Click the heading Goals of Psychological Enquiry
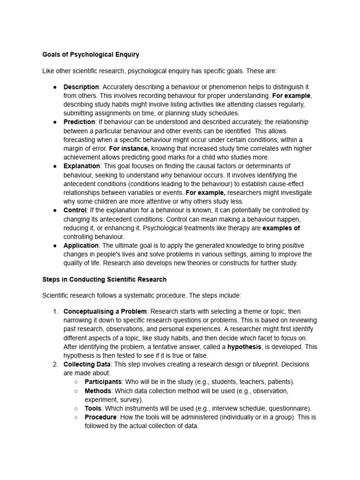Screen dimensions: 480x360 [x=90, y=54]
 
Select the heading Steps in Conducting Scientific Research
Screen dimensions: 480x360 [x=104, y=279]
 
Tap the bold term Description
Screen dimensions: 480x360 [x=81, y=87]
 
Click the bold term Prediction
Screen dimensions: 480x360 [x=79, y=122]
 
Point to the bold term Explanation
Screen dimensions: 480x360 [x=82, y=166]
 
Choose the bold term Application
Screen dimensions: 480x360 [x=81, y=245]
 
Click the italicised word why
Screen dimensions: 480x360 [x=166, y=175]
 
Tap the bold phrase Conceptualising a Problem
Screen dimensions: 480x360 [x=105, y=311]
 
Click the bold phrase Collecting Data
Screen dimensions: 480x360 [x=87, y=364]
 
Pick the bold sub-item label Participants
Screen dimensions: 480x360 [x=103, y=382]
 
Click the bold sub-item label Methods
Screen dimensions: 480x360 [x=98, y=391]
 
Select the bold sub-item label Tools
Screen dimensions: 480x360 [x=93, y=409]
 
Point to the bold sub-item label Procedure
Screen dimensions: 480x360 [x=100, y=417]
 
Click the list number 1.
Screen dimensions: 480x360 [x=55, y=311]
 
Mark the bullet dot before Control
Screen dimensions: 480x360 [x=55, y=210]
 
